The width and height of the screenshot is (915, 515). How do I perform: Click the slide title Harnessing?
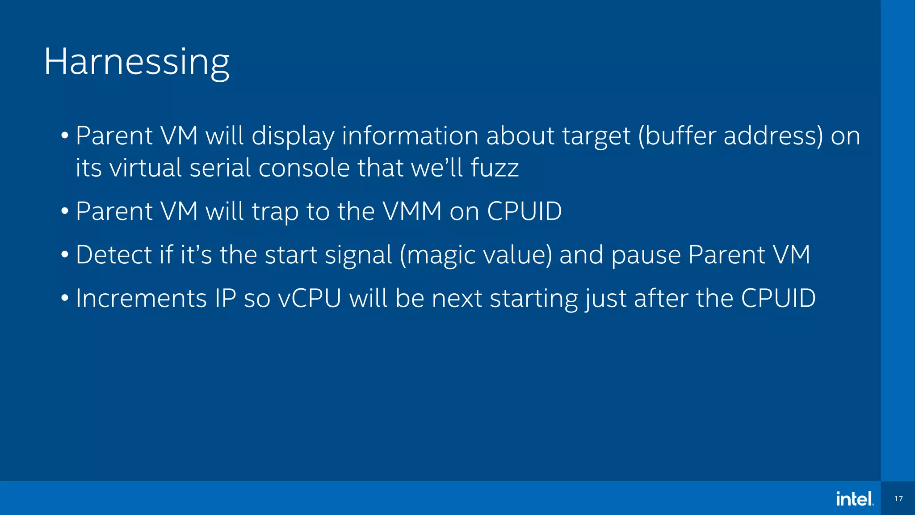[x=136, y=62]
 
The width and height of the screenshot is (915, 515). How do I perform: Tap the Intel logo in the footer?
[x=855, y=498]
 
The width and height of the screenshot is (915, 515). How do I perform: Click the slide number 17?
[x=898, y=498]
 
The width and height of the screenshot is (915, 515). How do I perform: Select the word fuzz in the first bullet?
[x=495, y=168]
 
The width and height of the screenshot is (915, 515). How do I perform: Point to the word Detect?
[x=114, y=255]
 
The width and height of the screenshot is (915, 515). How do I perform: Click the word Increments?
[x=141, y=298]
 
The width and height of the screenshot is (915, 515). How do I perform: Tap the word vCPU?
[x=310, y=298]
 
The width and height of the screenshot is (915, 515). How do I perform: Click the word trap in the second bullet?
[x=275, y=212]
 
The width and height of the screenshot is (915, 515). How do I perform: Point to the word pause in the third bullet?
[x=645, y=256]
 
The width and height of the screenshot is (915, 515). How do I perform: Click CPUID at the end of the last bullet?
[x=778, y=298]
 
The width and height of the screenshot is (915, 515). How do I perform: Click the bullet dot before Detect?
[x=65, y=255]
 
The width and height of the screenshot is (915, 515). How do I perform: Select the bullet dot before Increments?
[x=65, y=298]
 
